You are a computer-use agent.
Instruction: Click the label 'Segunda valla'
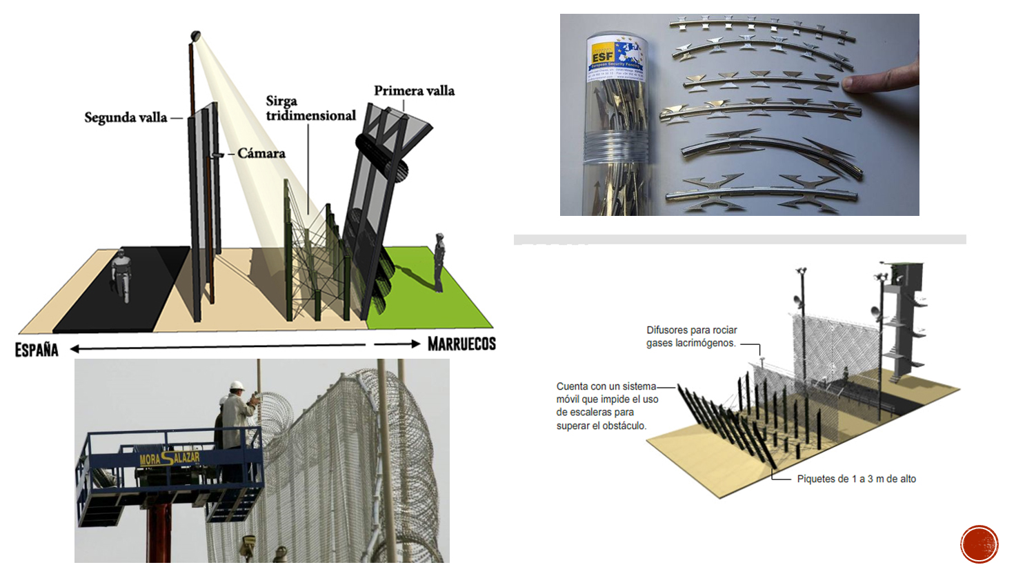click(x=126, y=117)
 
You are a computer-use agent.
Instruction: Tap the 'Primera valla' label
click(x=414, y=90)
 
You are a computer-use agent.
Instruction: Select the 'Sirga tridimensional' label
click(x=310, y=108)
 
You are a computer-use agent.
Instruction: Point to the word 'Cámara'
click(x=261, y=153)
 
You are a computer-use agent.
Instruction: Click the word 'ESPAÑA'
click(x=37, y=349)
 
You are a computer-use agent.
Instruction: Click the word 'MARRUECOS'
click(x=461, y=344)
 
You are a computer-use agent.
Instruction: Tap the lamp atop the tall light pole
click(x=195, y=35)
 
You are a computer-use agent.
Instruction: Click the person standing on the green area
click(x=439, y=261)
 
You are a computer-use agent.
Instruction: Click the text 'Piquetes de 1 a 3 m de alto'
click(x=856, y=479)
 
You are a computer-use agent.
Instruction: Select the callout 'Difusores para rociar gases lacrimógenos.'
click(x=691, y=336)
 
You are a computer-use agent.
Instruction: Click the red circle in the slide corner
click(x=979, y=544)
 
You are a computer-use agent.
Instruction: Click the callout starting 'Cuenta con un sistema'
click(x=607, y=406)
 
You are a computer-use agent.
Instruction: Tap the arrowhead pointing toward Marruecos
click(x=415, y=344)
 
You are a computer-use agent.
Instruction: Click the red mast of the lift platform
click(x=158, y=535)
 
